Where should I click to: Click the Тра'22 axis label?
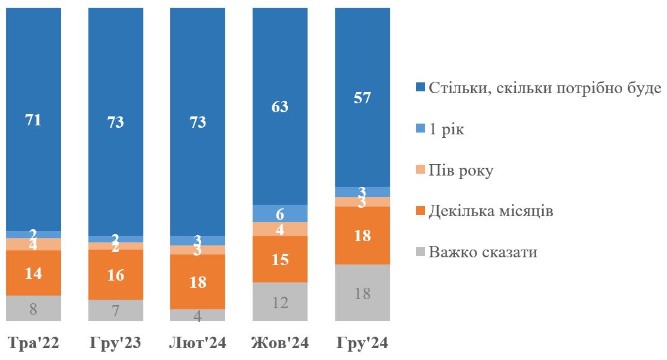pyautogui.click(x=33, y=343)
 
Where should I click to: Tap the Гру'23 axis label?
pyautogui.click(x=115, y=343)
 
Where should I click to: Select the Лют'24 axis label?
pyautogui.click(x=198, y=343)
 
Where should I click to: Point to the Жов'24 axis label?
pyautogui.click(x=280, y=343)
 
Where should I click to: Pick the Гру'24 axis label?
pyautogui.click(x=362, y=343)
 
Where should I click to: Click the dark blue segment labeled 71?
pyautogui.click(x=33, y=119)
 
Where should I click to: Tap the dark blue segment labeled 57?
pyautogui.click(x=362, y=97)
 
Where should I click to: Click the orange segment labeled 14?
pyautogui.click(x=33, y=273)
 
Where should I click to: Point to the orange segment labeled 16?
pyautogui.click(x=115, y=275)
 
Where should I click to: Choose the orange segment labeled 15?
pyautogui.click(x=280, y=259)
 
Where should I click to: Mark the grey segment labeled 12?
pyautogui.click(x=280, y=301)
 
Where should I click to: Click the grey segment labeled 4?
pyautogui.click(x=198, y=315)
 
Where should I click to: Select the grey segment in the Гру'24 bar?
pyautogui.click(x=362, y=293)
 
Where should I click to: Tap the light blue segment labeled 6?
pyautogui.click(x=280, y=213)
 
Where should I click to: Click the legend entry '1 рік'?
pyautogui.click(x=446, y=130)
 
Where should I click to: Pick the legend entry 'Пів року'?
pyautogui.click(x=460, y=171)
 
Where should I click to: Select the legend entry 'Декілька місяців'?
pyautogui.click(x=490, y=211)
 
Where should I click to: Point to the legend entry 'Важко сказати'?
pyautogui.click(x=482, y=252)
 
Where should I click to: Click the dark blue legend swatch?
pyautogui.click(x=421, y=89)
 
